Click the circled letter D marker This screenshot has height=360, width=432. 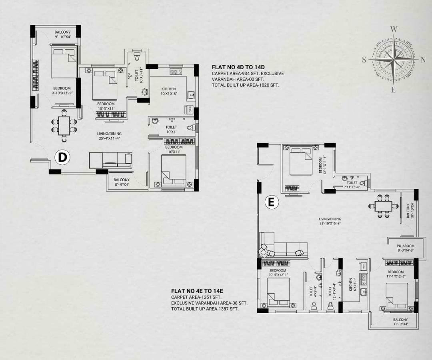(x=62, y=157)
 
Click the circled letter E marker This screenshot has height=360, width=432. (x=271, y=203)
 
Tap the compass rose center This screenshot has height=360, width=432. (x=394, y=60)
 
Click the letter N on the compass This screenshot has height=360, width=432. (x=423, y=59)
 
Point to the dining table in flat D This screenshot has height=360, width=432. (x=64, y=125)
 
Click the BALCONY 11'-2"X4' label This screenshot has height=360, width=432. (x=400, y=322)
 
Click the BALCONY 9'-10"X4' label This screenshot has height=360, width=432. (x=62, y=35)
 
